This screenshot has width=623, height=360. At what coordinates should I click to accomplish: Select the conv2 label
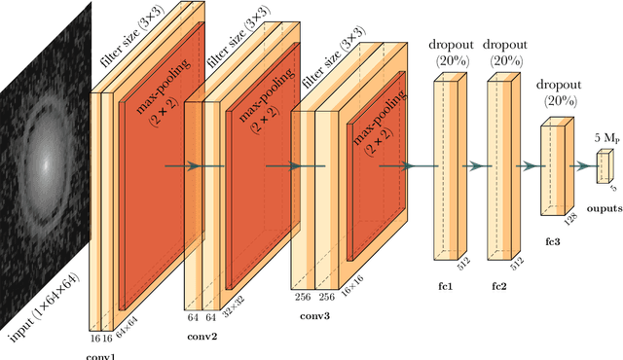coord(202,337)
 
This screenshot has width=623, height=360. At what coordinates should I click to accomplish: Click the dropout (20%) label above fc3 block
coord(556,91)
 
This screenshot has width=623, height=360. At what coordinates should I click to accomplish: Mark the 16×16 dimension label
coord(348,297)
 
